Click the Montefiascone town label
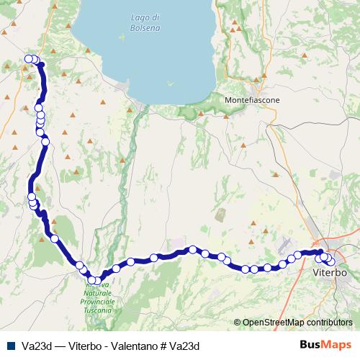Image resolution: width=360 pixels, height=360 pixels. click(252, 99)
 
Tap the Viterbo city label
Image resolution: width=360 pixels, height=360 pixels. click(331, 274)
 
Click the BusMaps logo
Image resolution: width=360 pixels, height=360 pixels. click(325, 345)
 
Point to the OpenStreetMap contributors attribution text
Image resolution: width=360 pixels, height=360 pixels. click(297, 323)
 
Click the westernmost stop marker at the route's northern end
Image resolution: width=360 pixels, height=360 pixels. click(28, 59)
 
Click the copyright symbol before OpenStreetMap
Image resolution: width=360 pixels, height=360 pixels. click(237, 323)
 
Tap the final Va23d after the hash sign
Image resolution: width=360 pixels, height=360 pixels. click(185, 346)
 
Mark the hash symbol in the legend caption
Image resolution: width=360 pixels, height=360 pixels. click(168, 346)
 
